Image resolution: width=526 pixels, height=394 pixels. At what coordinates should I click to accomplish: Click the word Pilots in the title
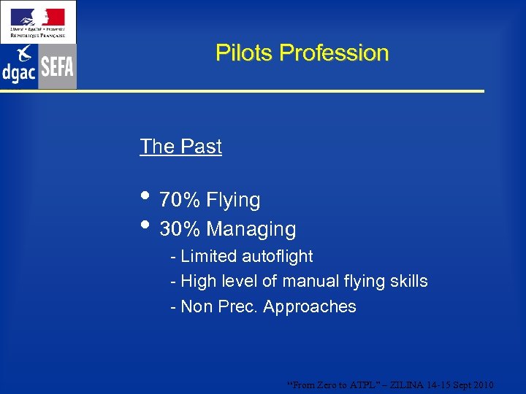click(244, 53)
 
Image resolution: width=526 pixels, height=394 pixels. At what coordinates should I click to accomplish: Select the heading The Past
click(180, 147)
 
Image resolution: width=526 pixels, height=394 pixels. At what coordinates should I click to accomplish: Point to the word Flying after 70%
click(233, 200)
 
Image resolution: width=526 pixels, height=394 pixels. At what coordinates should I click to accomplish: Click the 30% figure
click(180, 229)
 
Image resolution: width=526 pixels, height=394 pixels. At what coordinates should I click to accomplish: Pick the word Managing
click(251, 229)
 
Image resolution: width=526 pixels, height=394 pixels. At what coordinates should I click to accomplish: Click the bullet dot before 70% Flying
click(146, 196)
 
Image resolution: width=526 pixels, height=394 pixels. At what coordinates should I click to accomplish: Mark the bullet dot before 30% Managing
click(146, 225)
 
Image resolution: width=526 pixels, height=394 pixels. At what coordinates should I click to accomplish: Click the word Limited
click(205, 257)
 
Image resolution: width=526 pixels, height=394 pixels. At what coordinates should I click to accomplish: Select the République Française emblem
click(38, 21)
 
